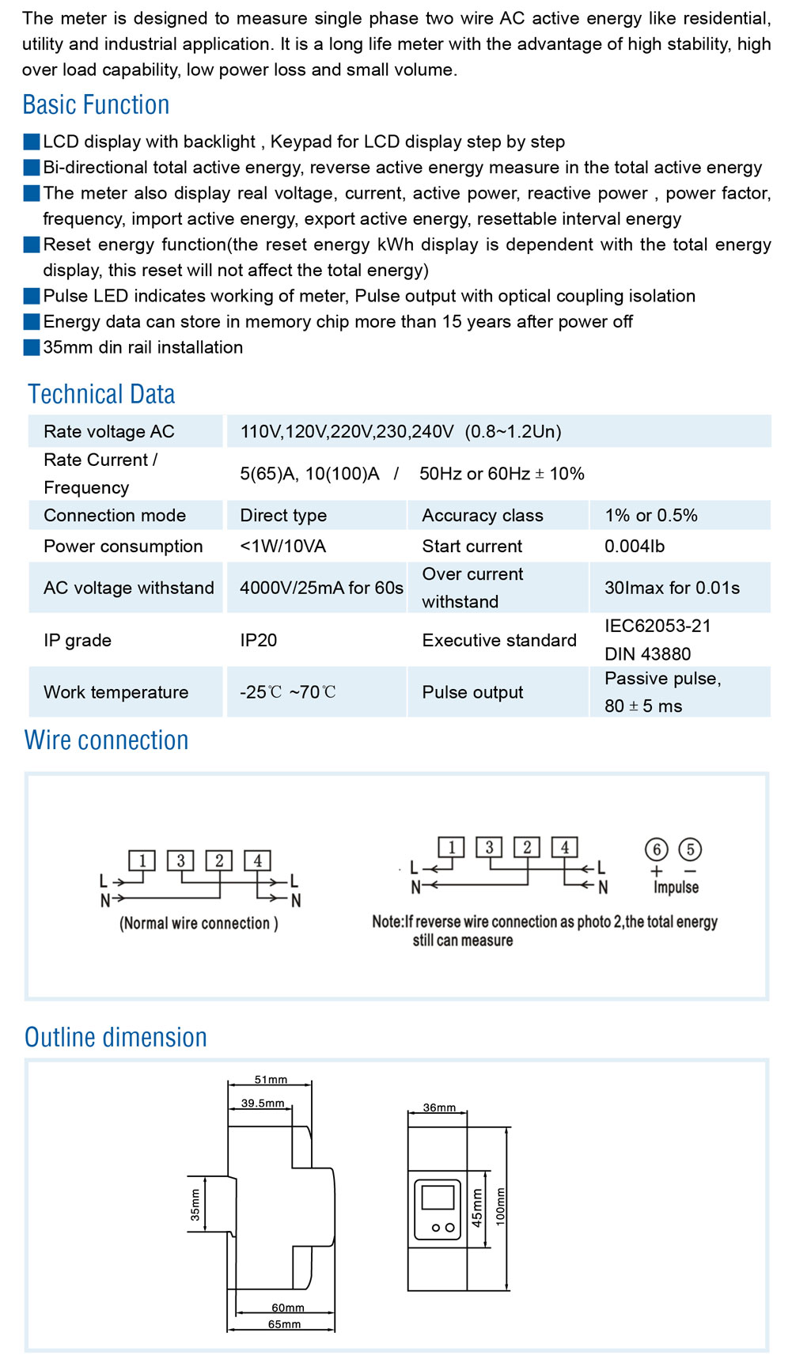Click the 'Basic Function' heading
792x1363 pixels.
click(96, 104)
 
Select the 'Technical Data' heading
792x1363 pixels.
click(101, 394)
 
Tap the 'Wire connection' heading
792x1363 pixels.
click(107, 740)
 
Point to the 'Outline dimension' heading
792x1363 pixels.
click(116, 1037)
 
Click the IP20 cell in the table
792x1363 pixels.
click(259, 640)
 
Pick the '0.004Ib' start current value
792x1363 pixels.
click(635, 546)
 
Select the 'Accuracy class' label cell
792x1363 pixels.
click(483, 515)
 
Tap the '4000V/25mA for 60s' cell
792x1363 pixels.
click(321, 588)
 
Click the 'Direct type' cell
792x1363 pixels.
click(283, 515)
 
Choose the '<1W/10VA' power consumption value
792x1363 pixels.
click(283, 546)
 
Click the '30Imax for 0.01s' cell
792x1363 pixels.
click(672, 588)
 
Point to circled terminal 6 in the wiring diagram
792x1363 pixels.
click(656, 850)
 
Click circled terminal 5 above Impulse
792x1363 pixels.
click(690, 850)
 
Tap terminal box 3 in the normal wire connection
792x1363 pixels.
click(180, 861)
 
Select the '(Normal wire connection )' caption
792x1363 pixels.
click(199, 923)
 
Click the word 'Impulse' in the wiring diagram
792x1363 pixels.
click(676, 887)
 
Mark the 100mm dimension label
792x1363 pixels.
click(500, 1206)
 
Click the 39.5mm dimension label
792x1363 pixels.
click(263, 1103)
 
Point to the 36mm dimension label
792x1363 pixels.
click(439, 1107)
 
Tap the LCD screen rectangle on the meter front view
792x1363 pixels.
click(438, 1198)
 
